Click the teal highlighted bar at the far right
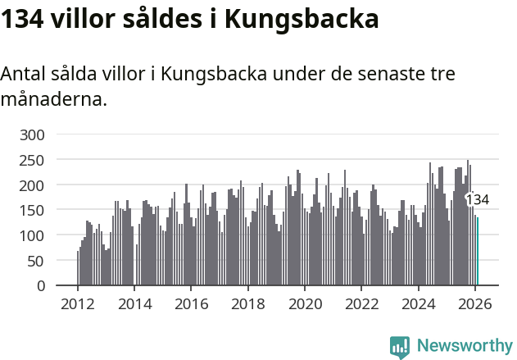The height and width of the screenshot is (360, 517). (x=478, y=251)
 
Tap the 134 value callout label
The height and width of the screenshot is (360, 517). (x=477, y=199)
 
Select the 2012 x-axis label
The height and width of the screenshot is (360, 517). (x=78, y=303)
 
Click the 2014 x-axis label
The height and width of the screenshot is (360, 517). (x=135, y=303)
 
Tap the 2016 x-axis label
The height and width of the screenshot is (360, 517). (x=192, y=303)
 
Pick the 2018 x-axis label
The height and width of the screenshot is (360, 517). (x=248, y=303)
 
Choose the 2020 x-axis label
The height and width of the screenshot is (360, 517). (x=305, y=303)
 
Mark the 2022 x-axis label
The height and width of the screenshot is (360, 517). (x=362, y=303)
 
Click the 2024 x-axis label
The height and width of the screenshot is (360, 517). (x=419, y=303)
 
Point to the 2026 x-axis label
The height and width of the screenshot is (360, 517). (x=475, y=303)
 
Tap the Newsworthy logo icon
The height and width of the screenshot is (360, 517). (x=400, y=347)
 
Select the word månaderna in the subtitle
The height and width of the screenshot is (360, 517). (x=53, y=100)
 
